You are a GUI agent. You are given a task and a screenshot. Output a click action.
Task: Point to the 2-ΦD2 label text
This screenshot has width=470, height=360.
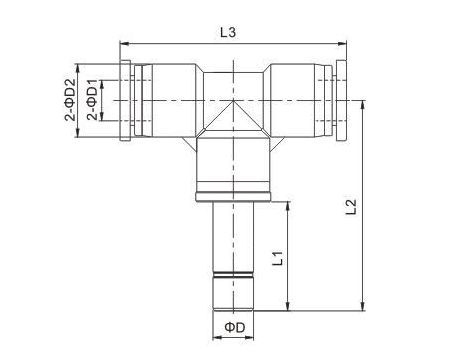coord(71,101)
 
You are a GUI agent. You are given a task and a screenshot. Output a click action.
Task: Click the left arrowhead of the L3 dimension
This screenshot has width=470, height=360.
coord(122,44)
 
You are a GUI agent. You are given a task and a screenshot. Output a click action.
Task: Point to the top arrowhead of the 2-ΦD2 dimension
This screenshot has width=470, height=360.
coord(81,64)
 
